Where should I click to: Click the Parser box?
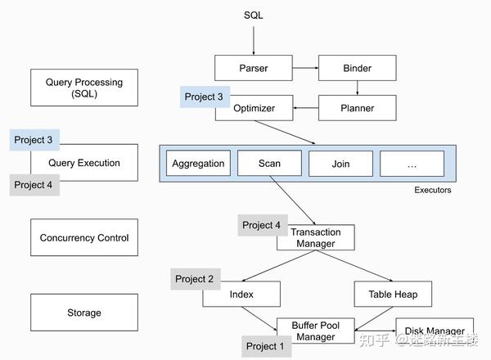tap(254, 68)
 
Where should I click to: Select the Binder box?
tap(357, 68)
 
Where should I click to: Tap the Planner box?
tap(357, 108)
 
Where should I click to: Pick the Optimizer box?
tap(254, 108)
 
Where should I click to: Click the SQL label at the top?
tap(254, 16)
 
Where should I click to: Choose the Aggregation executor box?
tap(198, 164)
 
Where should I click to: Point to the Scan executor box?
tap(269, 164)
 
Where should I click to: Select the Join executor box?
tap(340, 164)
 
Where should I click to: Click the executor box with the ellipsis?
tap(412, 164)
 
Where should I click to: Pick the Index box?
tap(241, 294)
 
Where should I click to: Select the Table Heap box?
tap(392, 294)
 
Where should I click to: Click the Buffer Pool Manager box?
tap(315, 331)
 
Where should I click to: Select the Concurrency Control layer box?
tap(84, 238)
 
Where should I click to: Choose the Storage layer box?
tap(84, 313)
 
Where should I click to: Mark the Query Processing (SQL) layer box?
tap(84, 88)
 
